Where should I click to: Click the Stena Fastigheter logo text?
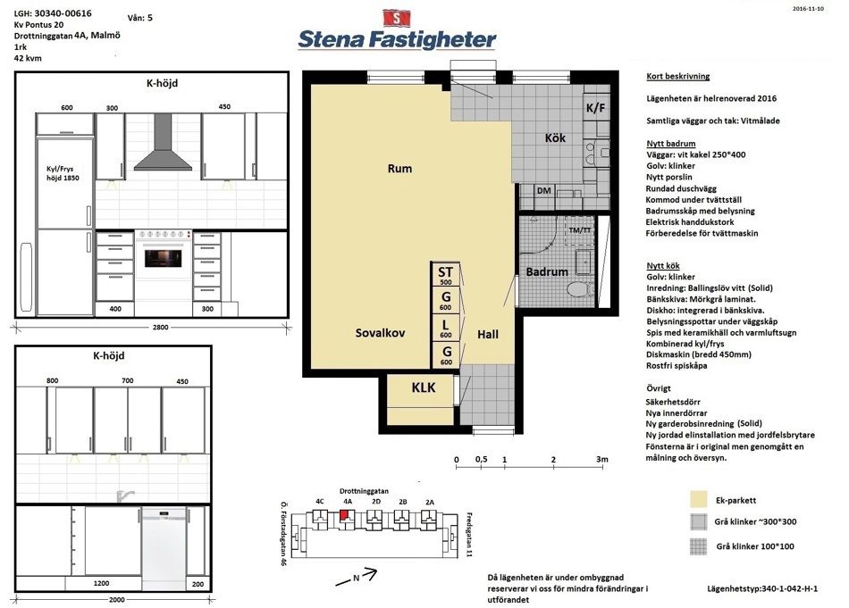click(397, 39)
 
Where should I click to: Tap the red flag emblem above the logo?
click(397, 17)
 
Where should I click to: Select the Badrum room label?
click(547, 271)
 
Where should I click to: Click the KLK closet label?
click(424, 387)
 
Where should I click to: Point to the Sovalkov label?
click(380, 333)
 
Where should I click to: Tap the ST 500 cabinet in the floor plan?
click(446, 274)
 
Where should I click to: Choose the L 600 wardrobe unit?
click(446, 328)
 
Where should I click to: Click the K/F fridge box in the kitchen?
click(595, 107)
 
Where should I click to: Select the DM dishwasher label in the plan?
click(544, 190)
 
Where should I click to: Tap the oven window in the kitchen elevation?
click(164, 257)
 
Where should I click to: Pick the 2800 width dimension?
click(160, 328)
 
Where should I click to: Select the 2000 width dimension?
click(116, 599)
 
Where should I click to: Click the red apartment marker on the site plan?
click(344, 514)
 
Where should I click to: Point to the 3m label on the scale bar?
click(602, 459)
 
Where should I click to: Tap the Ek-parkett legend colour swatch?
click(699, 500)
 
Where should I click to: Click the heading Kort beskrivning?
click(678, 76)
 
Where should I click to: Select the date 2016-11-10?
click(808, 9)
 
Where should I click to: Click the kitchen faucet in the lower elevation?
click(125, 496)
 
